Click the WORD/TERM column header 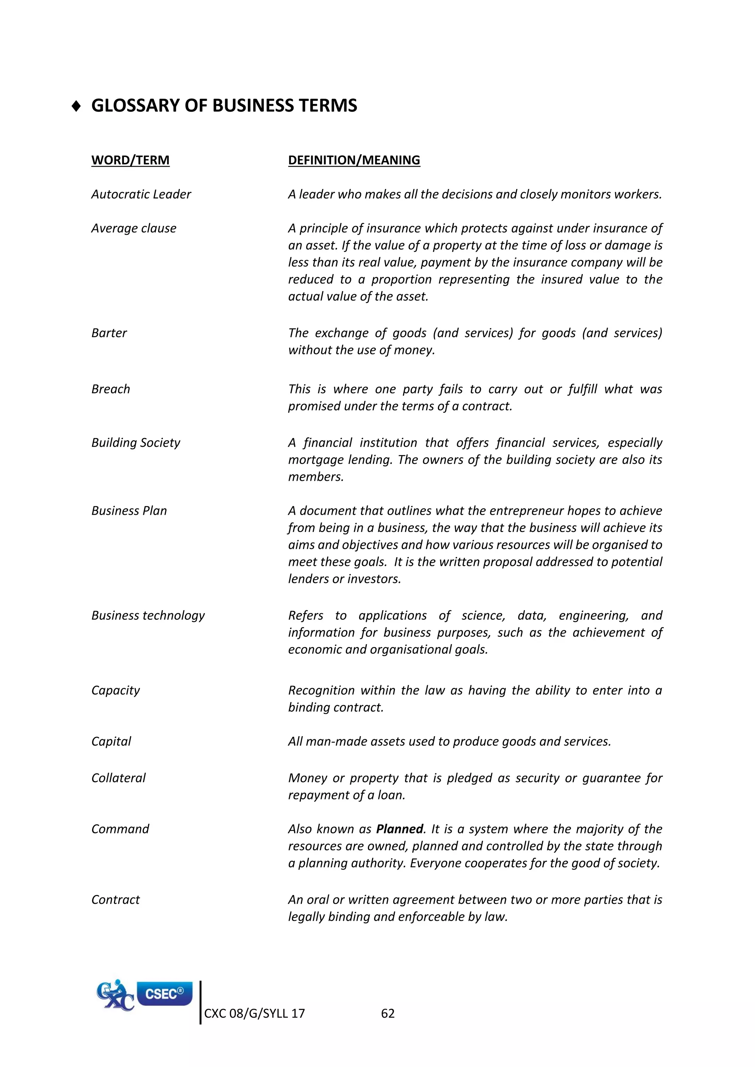(130, 160)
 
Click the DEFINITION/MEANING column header (354, 160)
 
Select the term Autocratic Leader (141, 194)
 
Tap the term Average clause (133, 228)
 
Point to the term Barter (109, 333)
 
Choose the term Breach (110, 389)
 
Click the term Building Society (135, 442)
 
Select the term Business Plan (129, 511)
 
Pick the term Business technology (148, 615)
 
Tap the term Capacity (115, 690)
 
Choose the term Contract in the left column (115, 900)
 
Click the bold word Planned (399, 829)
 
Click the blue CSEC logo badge (164, 994)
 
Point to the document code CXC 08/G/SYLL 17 (254, 1014)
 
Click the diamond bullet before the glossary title (77, 106)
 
